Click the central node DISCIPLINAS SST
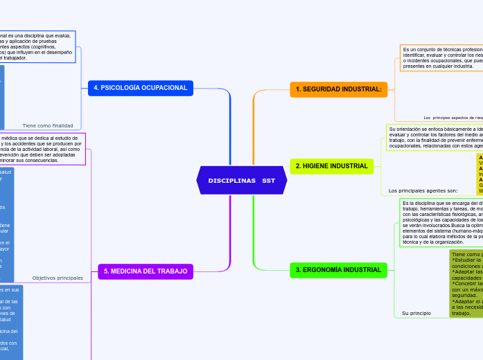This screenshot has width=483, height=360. [241, 180]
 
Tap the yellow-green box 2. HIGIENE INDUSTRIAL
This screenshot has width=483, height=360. [331, 166]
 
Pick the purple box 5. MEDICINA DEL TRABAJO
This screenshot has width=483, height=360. [145, 271]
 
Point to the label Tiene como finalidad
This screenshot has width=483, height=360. [48, 125]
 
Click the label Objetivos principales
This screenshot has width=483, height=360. [58, 278]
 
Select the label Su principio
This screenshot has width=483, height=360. [416, 313]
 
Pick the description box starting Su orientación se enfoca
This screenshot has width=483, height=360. [435, 138]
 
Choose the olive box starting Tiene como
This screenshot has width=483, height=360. [466, 284]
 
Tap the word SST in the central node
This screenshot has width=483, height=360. [269, 180]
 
